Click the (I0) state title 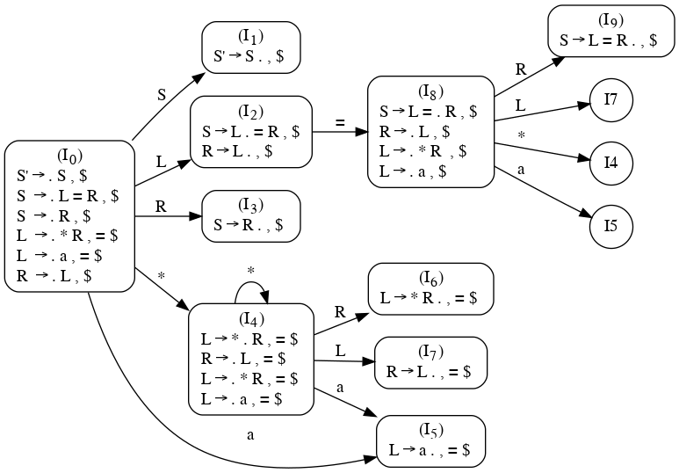(69, 156)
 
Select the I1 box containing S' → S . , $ (251, 47)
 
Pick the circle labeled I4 (611, 163)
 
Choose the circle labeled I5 (611, 226)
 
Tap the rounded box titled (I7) (430, 362)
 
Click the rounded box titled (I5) (430, 440)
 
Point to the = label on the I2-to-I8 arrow (339, 122)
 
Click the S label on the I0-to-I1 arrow (161, 94)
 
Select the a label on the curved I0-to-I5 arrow (250, 435)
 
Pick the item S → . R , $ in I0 (61, 215)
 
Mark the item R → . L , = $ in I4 (241, 359)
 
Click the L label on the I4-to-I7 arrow (341, 351)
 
